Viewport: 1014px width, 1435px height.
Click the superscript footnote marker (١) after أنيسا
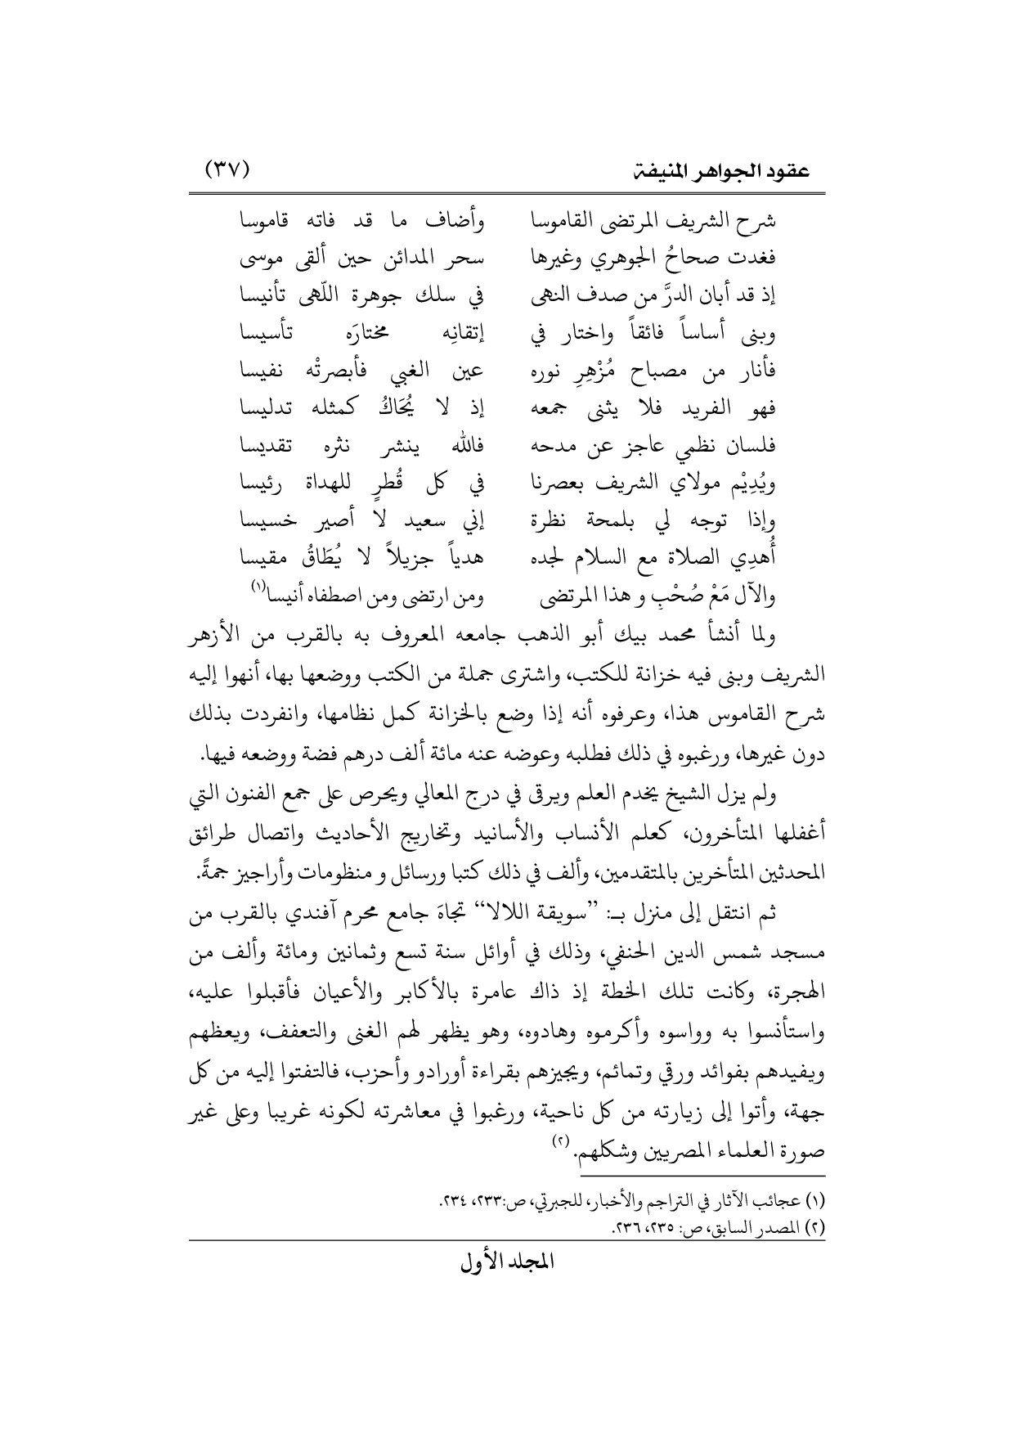point(258,587)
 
